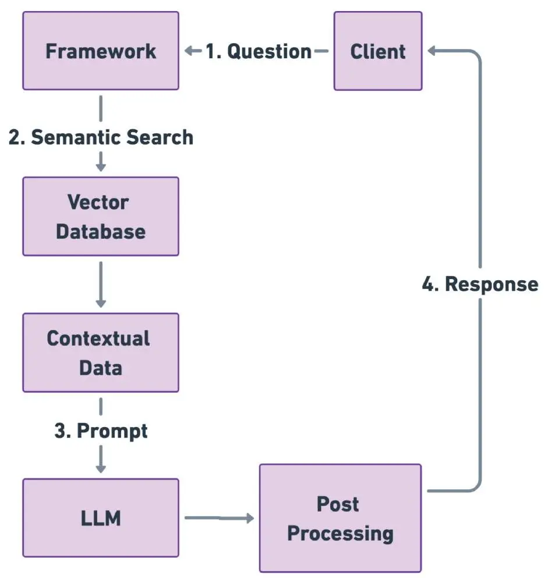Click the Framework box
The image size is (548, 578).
tap(101, 51)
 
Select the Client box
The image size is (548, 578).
tap(378, 51)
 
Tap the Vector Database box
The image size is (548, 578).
tap(101, 216)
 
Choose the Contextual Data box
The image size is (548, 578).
tap(101, 353)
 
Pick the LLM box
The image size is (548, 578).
tap(101, 517)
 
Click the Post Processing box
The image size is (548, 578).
tap(340, 518)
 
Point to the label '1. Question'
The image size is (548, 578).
tap(259, 51)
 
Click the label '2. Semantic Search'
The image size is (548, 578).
tap(101, 137)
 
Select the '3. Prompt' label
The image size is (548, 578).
tap(101, 431)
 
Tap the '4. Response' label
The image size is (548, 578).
tap(480, 284)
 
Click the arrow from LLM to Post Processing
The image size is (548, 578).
tap(220, 518)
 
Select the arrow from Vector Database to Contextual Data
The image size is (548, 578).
tap(101, 284)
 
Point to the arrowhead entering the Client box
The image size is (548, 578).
tap(432, 51)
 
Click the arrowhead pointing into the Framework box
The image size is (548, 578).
tap(188, 51)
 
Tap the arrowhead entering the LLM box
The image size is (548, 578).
tap(101, 469)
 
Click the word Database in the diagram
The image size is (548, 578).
tap(101, 231)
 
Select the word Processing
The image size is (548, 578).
tap(340, 534)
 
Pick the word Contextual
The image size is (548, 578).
tap(98, 338)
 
